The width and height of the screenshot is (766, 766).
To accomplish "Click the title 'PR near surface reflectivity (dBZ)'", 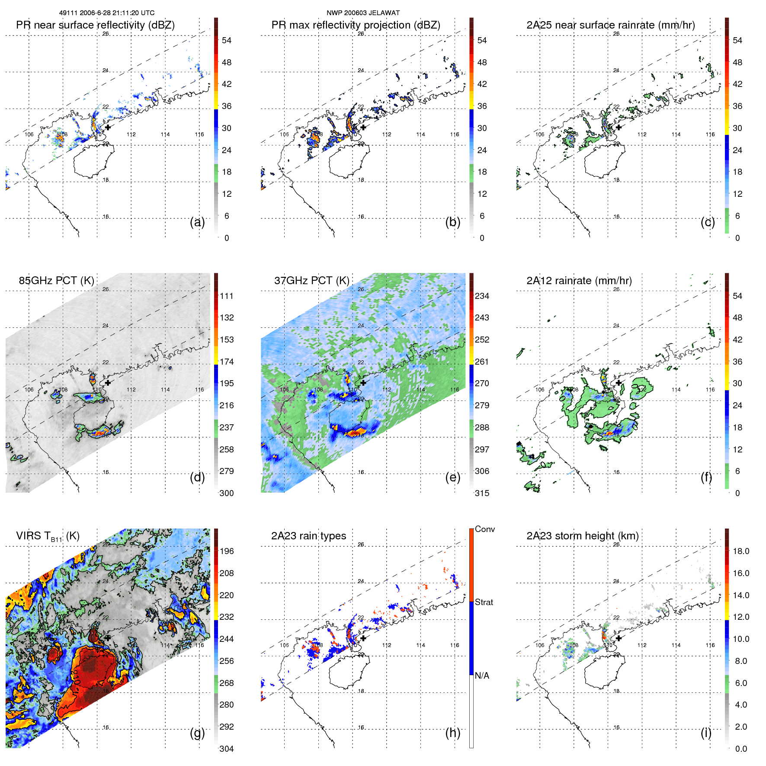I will pyautogui.click(x=95, y=25).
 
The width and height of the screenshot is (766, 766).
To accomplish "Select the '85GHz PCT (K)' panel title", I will pyautogui.click(x=56, y=281).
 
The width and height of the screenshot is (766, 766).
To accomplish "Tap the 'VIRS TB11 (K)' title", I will pyautogui.click(x=48, y=536).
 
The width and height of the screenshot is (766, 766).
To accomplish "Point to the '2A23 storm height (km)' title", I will pyautogui.click(x=582, y=536).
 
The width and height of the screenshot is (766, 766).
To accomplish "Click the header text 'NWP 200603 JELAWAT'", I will pyautogui.click(x=363, y=13).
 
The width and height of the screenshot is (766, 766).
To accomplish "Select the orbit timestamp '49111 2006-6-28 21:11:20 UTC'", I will pyautogui.click(x=106, y=13).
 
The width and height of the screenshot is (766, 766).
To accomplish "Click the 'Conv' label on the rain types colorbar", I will pyautogui.click(x=485, y=529).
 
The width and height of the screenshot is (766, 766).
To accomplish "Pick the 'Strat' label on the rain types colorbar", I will pyautogui.click(x=484, y=603).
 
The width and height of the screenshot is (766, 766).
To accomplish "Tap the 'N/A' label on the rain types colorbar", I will pyautogui.click(x=482, y=676).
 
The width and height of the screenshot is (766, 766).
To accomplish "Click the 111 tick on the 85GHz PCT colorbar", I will pyautogui.click(x=227, y=296).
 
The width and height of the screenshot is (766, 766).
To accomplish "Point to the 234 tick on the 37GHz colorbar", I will pyautogui.click(x=482, y=296).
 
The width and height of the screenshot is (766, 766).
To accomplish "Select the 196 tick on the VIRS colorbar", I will pyautogui.click(x=227, y=551).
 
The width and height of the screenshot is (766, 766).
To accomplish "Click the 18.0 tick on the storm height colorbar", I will pyautogui.click(x=741, y=551).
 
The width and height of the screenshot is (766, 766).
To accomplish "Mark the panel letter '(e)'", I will pyautogui.click(x=452, y=477).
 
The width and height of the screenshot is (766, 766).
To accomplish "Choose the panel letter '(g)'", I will pyautogui.click(x=197, y=733).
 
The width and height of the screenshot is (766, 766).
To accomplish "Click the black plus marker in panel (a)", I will pyautogui.click(x=108, y=127).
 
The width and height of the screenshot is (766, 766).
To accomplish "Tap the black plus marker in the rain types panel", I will pyautogui.click(x=363, y=638).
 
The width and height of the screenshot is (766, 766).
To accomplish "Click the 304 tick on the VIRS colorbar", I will pyautogui.click(x=227, y=749).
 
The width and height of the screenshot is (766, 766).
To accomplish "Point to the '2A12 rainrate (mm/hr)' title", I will pyautogui.click(x=579, y=281).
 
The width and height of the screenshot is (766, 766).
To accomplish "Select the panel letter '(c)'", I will pyautogui.click(x=708, y=222).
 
